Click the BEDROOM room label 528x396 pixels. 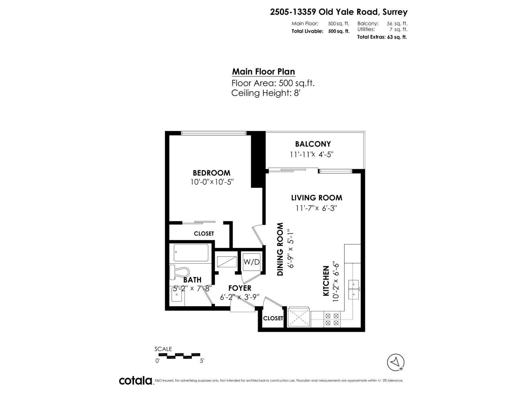click(212, 173)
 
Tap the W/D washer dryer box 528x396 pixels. click(251, 262)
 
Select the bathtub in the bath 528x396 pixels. click(191, 253)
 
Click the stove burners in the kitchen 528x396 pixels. click(332, 319)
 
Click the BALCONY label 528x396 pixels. click(313, 144)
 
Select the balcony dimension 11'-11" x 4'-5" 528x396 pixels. click(312, 154)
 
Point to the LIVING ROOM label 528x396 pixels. click(316, 198)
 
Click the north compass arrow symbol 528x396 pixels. click(396, 362)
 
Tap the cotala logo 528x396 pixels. click(136, 380)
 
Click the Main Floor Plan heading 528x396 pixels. click(263, 72)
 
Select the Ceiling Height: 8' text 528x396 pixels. click(266, 93)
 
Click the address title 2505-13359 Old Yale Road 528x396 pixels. click(339, 12)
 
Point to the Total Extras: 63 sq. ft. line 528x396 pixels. click(382, 37)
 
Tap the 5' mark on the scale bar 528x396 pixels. click(202, 361)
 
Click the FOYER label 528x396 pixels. click(240, 288)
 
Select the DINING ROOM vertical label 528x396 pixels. click(280, 249)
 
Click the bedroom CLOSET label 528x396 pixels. click(204, 233)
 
